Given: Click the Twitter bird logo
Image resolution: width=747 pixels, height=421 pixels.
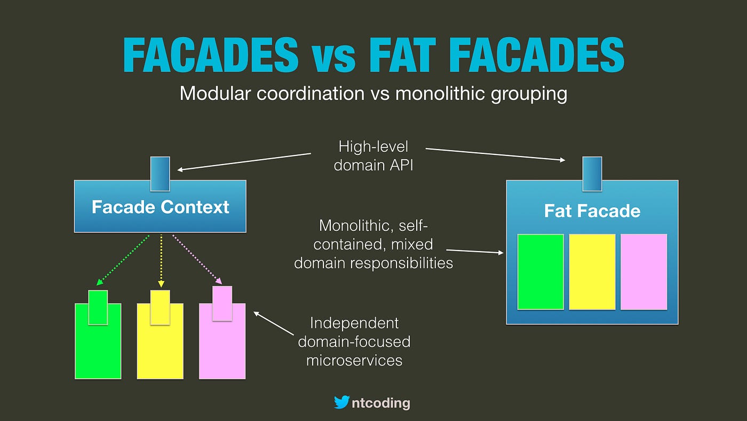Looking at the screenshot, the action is point(341,402).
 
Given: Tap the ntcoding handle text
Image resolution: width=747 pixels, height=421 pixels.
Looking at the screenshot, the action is point(381,403).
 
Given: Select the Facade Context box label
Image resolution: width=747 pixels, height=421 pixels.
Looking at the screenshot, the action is point(160,207).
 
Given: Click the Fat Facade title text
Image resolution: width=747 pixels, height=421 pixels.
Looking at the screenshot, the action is point(592,211).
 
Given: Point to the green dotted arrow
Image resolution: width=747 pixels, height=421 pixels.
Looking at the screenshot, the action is point(123,260).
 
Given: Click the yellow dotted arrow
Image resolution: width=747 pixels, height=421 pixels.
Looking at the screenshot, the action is point(161,261).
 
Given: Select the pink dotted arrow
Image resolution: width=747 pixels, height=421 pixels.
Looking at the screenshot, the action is point(197,260).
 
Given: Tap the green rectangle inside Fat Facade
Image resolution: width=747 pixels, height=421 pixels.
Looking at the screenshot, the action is point(541,272).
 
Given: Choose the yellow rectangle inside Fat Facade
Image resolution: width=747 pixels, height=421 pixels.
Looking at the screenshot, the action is point(592,272).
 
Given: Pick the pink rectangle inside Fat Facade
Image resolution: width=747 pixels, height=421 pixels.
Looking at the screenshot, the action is point(644,272).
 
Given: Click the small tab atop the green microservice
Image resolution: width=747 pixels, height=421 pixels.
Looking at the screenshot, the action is point(98,308).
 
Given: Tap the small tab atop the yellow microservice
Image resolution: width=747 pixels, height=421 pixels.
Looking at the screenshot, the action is point(160,308).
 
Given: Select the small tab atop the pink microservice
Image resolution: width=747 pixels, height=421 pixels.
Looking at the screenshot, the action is point(222,303).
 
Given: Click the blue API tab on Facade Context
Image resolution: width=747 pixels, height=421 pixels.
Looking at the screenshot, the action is point(160,174).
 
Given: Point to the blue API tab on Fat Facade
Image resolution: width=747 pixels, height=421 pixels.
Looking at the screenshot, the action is point(592,174).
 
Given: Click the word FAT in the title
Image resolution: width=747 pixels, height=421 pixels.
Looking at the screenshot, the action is point(402,55).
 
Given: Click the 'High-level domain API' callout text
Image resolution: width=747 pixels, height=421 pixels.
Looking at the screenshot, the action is point(373,156).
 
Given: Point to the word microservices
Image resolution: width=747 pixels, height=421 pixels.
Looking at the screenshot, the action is point(354,361).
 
